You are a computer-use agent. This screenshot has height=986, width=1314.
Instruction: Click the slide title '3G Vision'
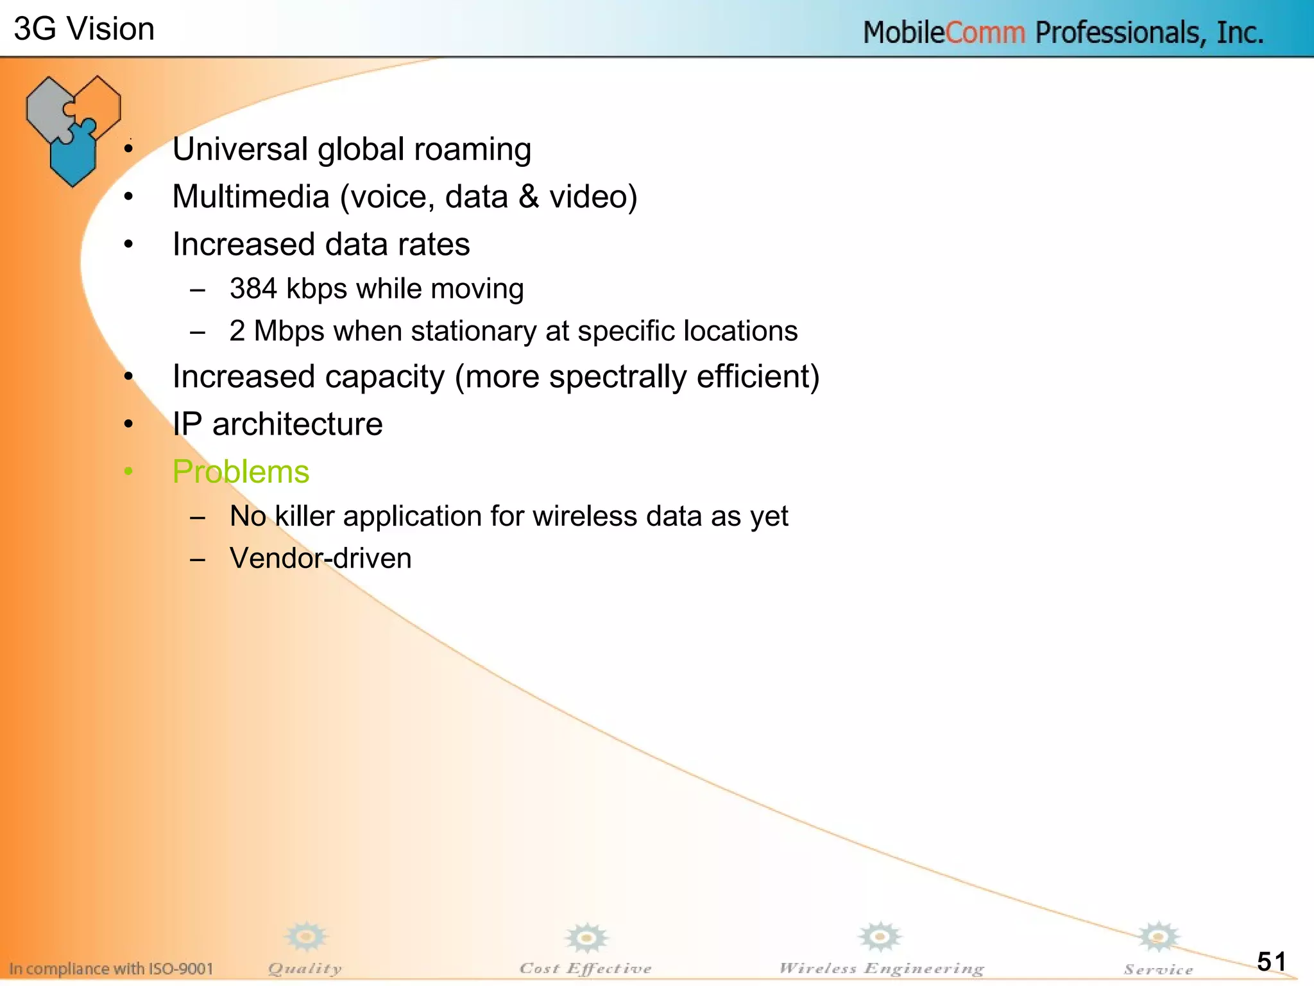pyautogui.click(x=84, y=30)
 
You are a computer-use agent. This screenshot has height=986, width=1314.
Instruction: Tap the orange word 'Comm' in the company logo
pyautogui.click(x=985, y=33)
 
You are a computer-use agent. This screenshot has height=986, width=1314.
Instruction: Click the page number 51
pyautogui.click(x=1271, y=961)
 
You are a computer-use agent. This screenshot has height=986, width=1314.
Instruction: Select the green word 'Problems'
pyautogui.click(x=241, y=472)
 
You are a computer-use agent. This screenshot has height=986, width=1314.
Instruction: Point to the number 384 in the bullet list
pyautogui.click(x=253, y=289)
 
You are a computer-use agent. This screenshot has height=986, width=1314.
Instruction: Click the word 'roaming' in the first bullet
pyautogui.click(x=472, y=150)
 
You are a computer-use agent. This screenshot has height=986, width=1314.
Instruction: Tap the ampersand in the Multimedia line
pyautogui.click(x=529, y=196)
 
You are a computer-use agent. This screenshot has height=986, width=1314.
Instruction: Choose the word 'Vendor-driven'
pyautogui.click(x=320, y=558)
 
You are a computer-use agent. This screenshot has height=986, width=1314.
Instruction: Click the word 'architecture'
pyautogui.click(x=297, y=424)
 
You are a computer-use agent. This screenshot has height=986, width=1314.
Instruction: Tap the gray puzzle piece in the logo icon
pyautogui.click(x=48, y=109)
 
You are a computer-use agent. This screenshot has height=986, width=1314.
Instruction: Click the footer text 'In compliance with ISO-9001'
pyautogui.click(x=111, y=969)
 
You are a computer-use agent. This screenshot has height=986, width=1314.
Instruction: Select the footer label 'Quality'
pyautogui.click(x=305, y=969)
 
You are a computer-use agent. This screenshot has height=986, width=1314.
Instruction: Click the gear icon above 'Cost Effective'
pyautogui.click(x=586, y=938)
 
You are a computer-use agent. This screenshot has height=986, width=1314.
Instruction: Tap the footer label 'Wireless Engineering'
pyautogui.click(x=881, y=969)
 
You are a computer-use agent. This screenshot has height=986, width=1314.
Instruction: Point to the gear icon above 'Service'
pyautogui.click(x=1158, y=937)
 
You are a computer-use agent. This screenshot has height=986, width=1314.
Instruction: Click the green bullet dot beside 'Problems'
pyautogui.click(x=128, y=472)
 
